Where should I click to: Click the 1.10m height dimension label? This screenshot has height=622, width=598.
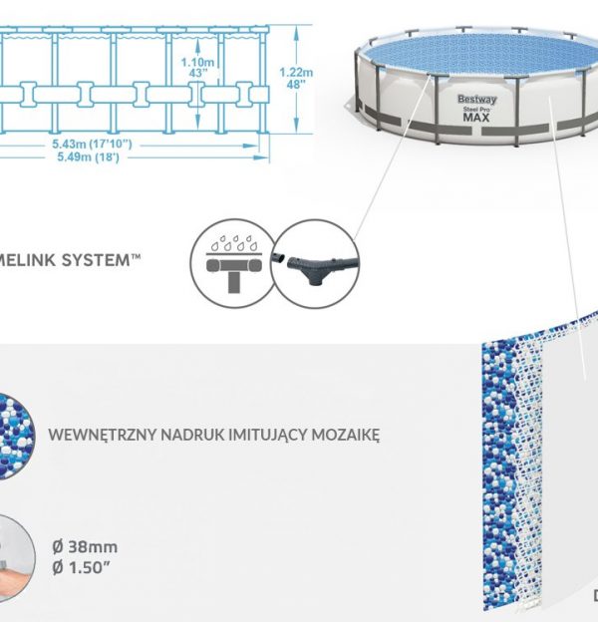[x=199, y=63]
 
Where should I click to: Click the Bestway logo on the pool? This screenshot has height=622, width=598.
[x=476, y=100]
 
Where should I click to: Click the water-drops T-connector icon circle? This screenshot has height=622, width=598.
[x=230, y=263]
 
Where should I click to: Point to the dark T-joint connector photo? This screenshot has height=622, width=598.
[x=314, y=263]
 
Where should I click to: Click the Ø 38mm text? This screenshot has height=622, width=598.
[x=84, y=546]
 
